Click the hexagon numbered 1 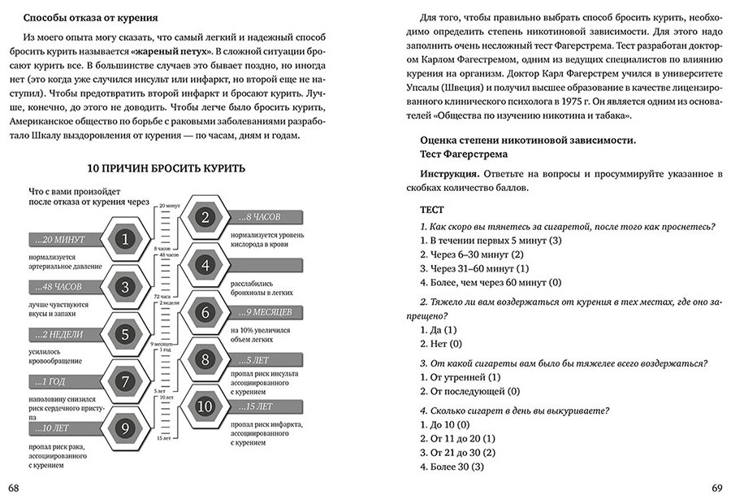coord(124,240)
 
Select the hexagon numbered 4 coord(205,265)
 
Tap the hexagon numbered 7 coord(124,381)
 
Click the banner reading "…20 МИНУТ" coord(61,240)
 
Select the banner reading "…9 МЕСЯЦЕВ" coord(268,311)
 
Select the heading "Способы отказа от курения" coord(90,17)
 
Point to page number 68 coord(13,488)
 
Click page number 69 coord(717,488)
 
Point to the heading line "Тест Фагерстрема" coord(464,153)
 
